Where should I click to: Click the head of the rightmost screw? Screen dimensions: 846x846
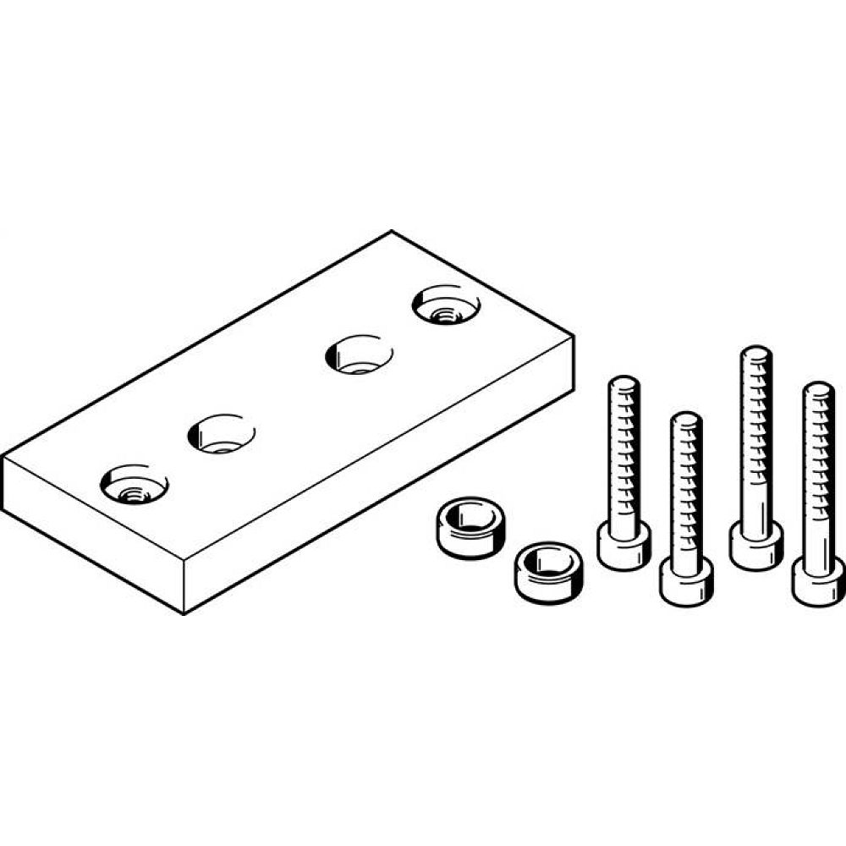pos(818,580)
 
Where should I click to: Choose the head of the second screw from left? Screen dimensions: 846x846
pos(686,582)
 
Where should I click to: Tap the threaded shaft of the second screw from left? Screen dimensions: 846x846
pos(686,491)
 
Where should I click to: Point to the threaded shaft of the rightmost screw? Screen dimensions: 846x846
pos(818,474)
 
